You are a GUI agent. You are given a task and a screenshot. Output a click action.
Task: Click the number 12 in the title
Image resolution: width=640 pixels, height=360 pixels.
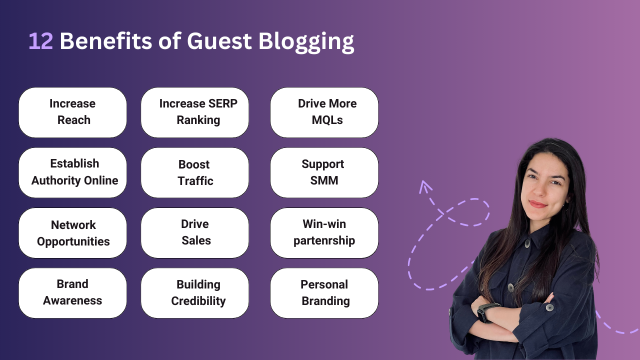(x=40, y=41)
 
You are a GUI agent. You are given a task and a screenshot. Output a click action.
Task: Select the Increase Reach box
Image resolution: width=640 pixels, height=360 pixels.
(x=72, y=112)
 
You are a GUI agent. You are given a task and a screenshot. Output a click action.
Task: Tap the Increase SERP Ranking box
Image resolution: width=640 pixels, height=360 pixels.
(x=195, y=112)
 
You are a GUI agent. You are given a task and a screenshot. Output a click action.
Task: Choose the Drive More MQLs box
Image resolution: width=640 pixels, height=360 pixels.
(x=324, y=112)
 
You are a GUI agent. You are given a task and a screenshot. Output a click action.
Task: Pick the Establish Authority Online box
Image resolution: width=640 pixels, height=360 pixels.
(x=72, y=172)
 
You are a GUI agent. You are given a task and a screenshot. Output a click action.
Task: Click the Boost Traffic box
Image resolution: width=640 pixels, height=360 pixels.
(x=195, y=172)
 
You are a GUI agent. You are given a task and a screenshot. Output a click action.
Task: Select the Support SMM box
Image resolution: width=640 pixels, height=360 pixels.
(x=324, y=172)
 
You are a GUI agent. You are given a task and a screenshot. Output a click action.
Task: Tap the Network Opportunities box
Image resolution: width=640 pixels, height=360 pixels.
(x=72, y=233)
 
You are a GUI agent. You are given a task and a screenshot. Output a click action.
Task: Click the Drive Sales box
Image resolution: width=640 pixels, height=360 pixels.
(x=195, y=233)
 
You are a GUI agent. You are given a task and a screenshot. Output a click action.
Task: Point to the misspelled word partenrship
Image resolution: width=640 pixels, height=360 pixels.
(x=324, y=240)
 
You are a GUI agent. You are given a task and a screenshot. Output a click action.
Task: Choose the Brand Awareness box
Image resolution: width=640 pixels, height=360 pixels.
(x=72, y=293)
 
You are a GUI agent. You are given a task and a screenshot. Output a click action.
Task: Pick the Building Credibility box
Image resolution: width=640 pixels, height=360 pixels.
(x=195, y=293)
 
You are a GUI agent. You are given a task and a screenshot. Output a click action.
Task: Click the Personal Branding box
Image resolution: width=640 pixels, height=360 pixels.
(x=324, y=293)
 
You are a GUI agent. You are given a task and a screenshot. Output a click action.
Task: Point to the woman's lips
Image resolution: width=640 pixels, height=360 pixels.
(x=538, y=204)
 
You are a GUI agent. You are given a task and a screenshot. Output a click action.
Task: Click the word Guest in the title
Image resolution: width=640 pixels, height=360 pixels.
(x=220, y=41)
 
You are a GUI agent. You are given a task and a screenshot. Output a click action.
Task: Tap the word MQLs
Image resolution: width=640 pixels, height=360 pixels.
(x=327, y=120)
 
